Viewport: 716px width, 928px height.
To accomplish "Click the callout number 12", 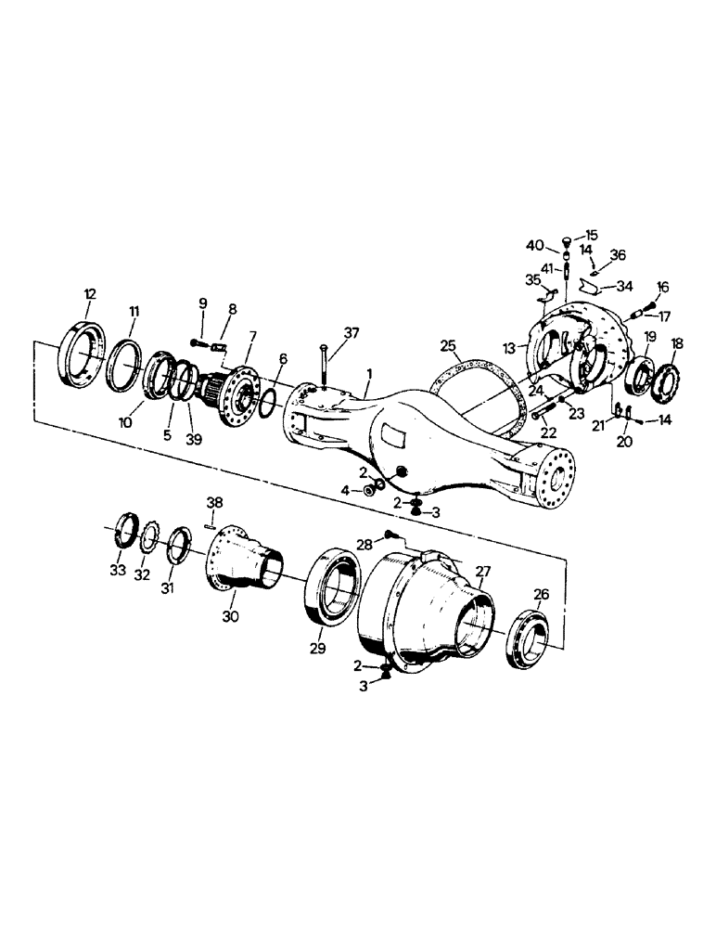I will tap(89, 294).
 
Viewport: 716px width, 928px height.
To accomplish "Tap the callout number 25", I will tap(449, 345).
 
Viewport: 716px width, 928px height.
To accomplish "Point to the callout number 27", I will tap(483, 572).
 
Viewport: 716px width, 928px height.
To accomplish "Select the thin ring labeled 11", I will tap(124, 363).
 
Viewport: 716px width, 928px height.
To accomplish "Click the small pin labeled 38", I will tap(210, 530).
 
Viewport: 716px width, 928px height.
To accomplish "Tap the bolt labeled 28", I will tap(390, 534).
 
